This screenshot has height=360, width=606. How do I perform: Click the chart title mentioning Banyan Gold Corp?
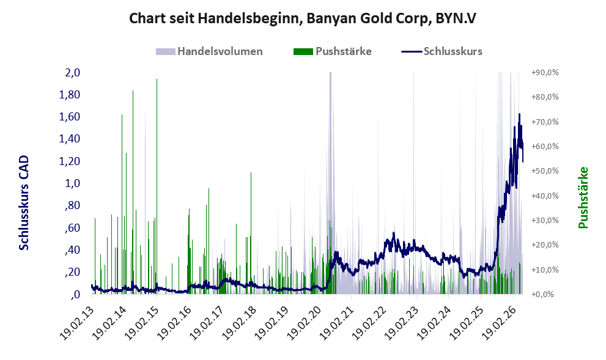303,18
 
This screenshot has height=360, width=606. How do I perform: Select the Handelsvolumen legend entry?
209,51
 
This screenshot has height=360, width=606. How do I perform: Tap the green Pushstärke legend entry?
333,51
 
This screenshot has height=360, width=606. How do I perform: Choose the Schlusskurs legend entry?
442,51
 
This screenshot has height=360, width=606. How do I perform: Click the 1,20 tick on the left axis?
70,161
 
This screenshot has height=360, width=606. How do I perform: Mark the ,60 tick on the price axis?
72,227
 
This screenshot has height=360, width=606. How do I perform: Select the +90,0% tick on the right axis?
545,72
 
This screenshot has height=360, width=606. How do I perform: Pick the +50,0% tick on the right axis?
545,171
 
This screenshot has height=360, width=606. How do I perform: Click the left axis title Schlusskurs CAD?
24,202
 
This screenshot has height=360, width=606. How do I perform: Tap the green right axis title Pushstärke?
583,197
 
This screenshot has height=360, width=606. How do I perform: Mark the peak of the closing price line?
519,114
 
